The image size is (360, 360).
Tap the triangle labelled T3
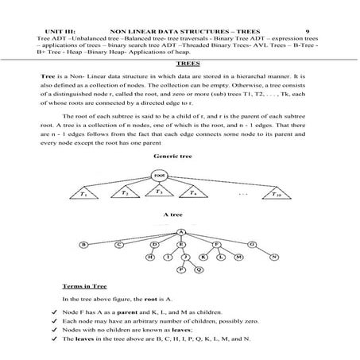tap(158, 192)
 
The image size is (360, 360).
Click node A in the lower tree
tap(181, 232)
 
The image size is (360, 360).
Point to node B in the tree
tap(85, 245)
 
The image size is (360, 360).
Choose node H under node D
tap(149, 257)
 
